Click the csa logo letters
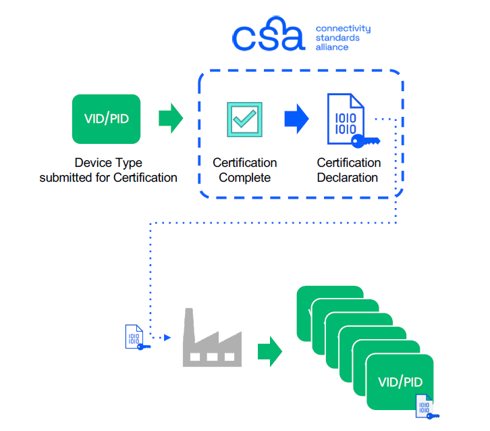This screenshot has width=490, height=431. [x=268, y=38]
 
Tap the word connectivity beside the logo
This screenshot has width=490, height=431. [x=343, y=29]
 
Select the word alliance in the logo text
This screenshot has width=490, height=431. [x=332, y=47]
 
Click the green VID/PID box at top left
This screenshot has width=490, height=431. [x=106, y=119]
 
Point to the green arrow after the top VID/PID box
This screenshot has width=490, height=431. [x=170, y=119]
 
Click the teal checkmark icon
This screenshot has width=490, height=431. [x=244, y=120]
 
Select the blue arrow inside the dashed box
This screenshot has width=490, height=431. [x=296, y=120]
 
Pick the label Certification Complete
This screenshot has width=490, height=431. [x=244, y=170]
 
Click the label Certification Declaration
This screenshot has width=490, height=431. [x=348, y=170]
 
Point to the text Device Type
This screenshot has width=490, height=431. [x=108, y=163]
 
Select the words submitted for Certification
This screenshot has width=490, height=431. [x=108, y=178]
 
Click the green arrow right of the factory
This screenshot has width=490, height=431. [x=269, y=352]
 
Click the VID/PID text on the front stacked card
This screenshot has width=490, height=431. [x=400, y=382]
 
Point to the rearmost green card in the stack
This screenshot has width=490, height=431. [x=331, y=297]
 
